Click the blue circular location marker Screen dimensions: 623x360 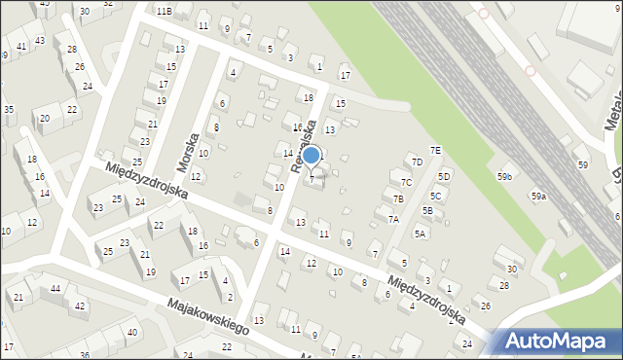click(x=311, y=156)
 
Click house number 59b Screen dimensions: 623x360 click(x=504, y=176)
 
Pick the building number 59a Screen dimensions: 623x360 click(x=538, y=197)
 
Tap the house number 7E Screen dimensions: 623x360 click(x=436, y=150)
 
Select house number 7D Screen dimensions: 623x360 click(x=417, y=162)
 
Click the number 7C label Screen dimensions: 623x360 click(x=407, y=182)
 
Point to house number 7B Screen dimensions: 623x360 click(x=398, y=199)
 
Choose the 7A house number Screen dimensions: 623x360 click(x=393, y=220)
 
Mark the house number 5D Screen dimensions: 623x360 click(x=444, y=176)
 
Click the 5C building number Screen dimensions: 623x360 click(x=436, y=196)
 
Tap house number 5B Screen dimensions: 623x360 click(x=427, y=210)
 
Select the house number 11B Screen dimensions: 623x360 click(x=164, y=11)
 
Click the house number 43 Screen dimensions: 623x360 click(x=40, y=40)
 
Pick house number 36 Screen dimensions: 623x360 click(x=85, y=354)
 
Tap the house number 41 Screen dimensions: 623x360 click(x=21, y=47)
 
